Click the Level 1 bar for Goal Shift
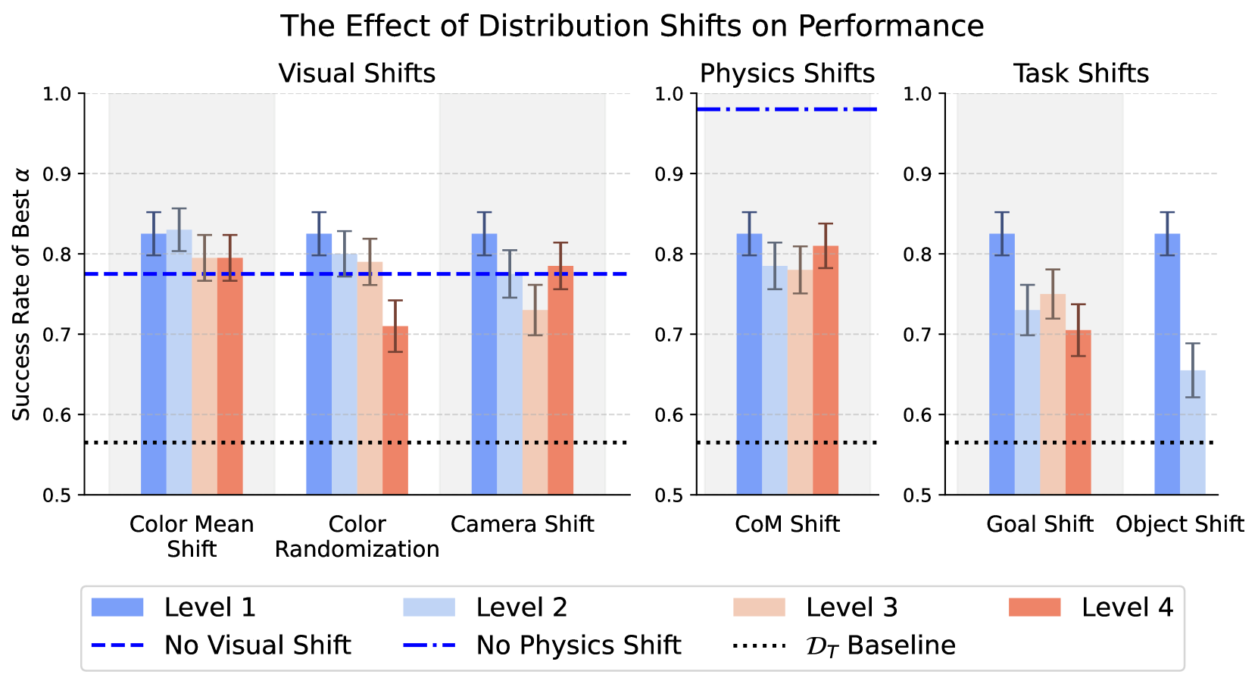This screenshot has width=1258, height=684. (1002, 364)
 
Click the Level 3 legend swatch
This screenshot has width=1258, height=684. (759, 607)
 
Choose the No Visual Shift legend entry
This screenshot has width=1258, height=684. (220, 645)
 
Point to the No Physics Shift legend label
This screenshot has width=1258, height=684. (579, 645)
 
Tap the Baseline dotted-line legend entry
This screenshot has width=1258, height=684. (844, 645)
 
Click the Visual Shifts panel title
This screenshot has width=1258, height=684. (357, 73)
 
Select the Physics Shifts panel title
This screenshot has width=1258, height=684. (787, 73)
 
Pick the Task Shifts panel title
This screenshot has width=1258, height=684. (1081, 73)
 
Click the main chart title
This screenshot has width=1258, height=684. (632, 27)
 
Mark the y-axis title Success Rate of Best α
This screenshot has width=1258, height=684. (22, 294)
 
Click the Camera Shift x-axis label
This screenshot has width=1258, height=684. (522, 524)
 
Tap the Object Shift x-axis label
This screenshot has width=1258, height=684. (1179, 524)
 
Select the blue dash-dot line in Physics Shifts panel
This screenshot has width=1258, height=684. (787, 110)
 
